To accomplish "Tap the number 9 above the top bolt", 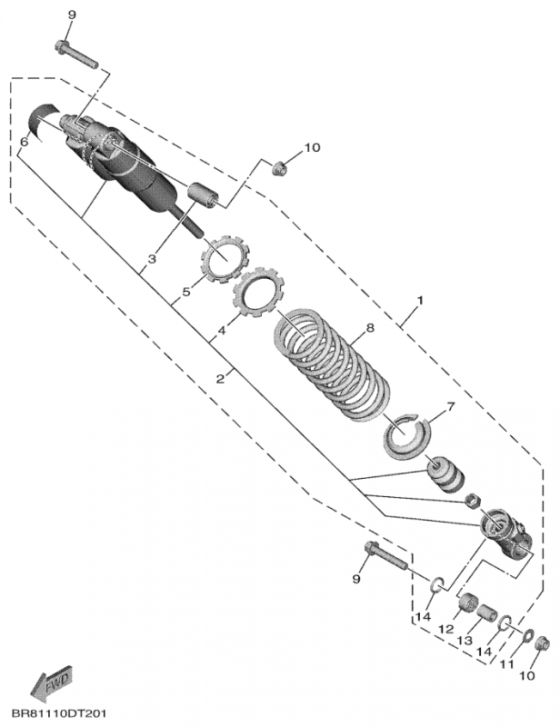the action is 72,15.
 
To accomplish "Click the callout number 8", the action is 369,328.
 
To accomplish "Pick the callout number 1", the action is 419,301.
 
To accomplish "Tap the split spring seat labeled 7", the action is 407,436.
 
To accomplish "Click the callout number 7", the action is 450,406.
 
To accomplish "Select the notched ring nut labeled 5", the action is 225,258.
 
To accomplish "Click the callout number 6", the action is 24,142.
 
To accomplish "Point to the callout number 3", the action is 152,259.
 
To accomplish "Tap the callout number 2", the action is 220,378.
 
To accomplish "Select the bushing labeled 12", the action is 467,603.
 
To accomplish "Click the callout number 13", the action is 465,641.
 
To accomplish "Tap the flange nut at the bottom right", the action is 543,644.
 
